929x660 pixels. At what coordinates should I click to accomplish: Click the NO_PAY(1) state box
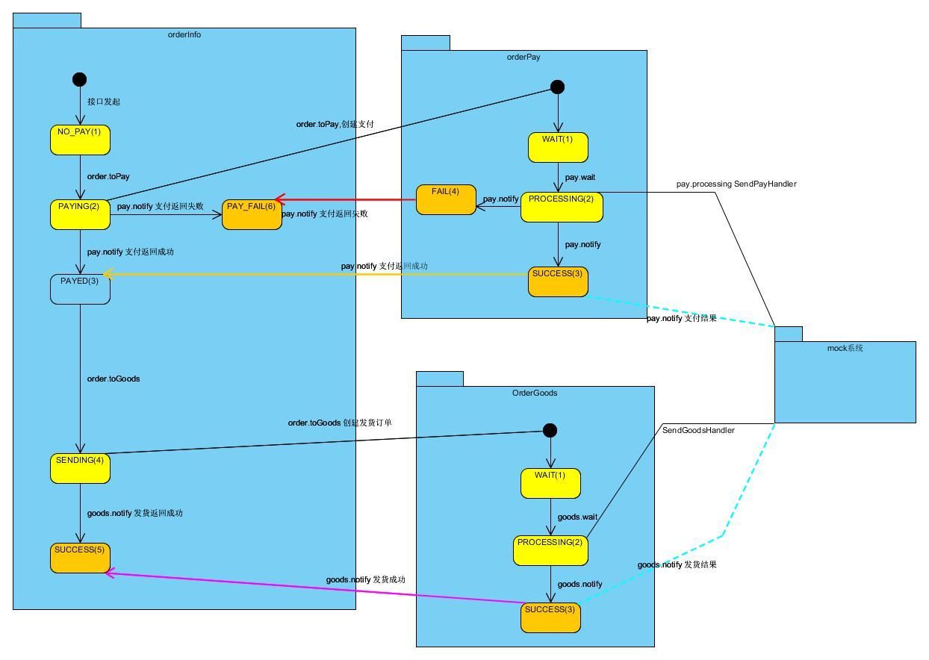point(80,140)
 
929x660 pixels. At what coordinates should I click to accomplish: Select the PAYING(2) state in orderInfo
point(80,214)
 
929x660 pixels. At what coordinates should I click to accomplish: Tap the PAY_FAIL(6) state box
point(252,214)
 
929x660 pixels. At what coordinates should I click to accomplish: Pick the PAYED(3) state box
point(80,289)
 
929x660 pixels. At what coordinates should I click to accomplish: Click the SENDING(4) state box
point(80,468)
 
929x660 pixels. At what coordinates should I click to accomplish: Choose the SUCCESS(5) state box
point(80,558)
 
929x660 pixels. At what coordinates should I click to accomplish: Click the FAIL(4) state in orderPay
point(446,199)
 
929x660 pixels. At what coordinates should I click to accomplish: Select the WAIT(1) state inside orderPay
point(558,147)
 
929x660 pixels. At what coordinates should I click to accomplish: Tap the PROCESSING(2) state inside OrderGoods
point(550,550)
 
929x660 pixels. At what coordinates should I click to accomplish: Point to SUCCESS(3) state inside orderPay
point(558,281)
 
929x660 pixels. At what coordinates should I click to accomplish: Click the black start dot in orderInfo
point(79,79)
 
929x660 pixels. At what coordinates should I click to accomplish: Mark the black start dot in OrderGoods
point(550,430)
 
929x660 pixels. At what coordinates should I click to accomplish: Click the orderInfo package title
point(184,35)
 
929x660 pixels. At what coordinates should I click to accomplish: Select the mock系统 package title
point(845,349)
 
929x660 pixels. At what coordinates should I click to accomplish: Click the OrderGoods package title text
point(535,393)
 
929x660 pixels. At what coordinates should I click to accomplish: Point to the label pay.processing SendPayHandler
point(736,184)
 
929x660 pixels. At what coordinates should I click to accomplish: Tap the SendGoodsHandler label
point(698,430)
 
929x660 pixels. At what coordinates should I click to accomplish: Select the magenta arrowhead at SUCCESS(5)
point(110,573)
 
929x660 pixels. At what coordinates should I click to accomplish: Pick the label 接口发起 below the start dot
point(104,102)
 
